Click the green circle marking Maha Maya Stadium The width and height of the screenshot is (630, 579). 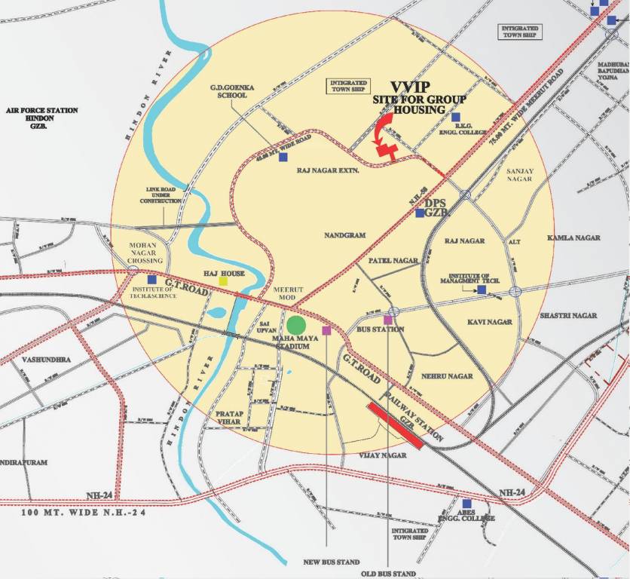(x=296, y=325)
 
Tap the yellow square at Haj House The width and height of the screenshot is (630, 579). (x=223, y=281)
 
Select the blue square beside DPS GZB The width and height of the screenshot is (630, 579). (x=420, y=213)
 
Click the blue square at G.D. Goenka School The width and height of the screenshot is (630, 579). (x=283, y=158)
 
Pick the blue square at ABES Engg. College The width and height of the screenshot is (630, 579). (x=466, y=503)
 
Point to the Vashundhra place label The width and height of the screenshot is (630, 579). (x=46, y=360)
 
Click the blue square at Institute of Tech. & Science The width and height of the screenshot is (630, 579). (x=151, y=281)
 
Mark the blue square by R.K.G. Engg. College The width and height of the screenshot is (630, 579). (x=455, y=117)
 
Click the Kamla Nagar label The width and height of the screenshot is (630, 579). (x=573, y=237)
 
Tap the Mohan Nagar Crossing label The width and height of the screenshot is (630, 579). (x=145, y=253)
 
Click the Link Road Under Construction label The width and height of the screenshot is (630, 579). (x=161, y=196)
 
